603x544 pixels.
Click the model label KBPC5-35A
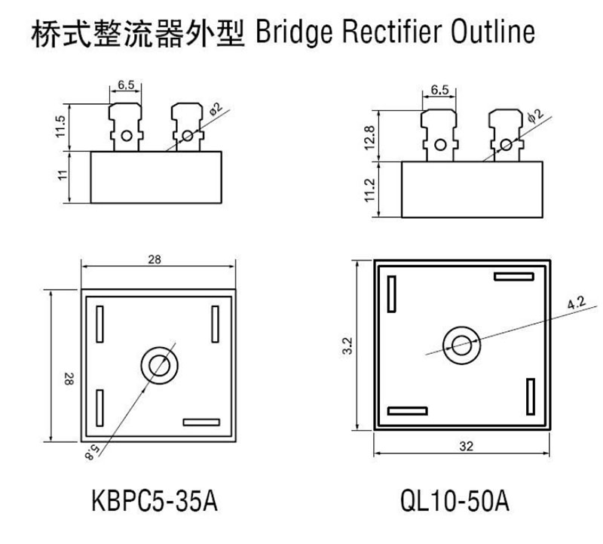pyautogui.click(x=155, y=501)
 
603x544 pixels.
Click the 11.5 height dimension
pyautogui.click(x=63, y=127)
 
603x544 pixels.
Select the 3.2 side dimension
pyautogui.click(x=347, y=346)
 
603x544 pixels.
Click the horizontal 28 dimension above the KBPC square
pyautogui.click(x=155, y=260)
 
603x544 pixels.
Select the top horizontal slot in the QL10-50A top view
pyautogui.click(x=514, y=276)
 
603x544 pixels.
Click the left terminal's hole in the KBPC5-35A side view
pyautogui.click(x=127, y=137)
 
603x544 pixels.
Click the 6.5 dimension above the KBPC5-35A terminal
pyautogui.click(x=126, y=86)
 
